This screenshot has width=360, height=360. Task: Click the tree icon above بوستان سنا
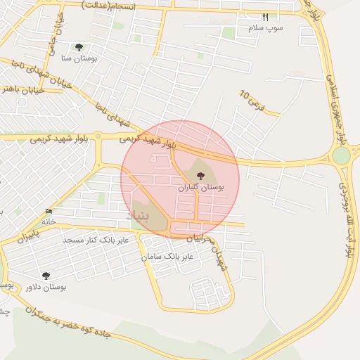point(79,48)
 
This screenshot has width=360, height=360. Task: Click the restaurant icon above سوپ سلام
point(265,18)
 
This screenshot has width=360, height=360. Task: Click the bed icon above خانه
point(49,211)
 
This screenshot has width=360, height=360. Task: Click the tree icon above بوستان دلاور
point(46,276)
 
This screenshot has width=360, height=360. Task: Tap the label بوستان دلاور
point(45,287)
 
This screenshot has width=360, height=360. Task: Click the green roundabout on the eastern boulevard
point(342,155)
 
